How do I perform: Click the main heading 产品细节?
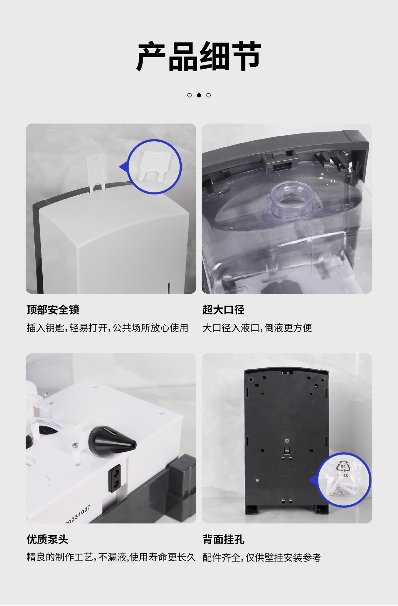pos(199,57)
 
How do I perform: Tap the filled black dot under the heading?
pos(199,95)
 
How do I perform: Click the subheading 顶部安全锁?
pos(53,310)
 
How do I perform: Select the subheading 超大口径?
pos(223,310)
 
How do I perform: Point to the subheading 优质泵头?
pos(47,539)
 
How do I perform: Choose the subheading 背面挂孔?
pos(223,539)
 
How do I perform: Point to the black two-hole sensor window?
pos(115,478)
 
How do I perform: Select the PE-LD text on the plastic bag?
pos(343,475)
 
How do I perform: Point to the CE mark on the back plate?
pos(287,471)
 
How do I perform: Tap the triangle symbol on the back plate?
pos(287,420)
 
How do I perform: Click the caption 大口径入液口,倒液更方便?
pos(257,328)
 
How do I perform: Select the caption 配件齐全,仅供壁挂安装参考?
pos(262,557)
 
